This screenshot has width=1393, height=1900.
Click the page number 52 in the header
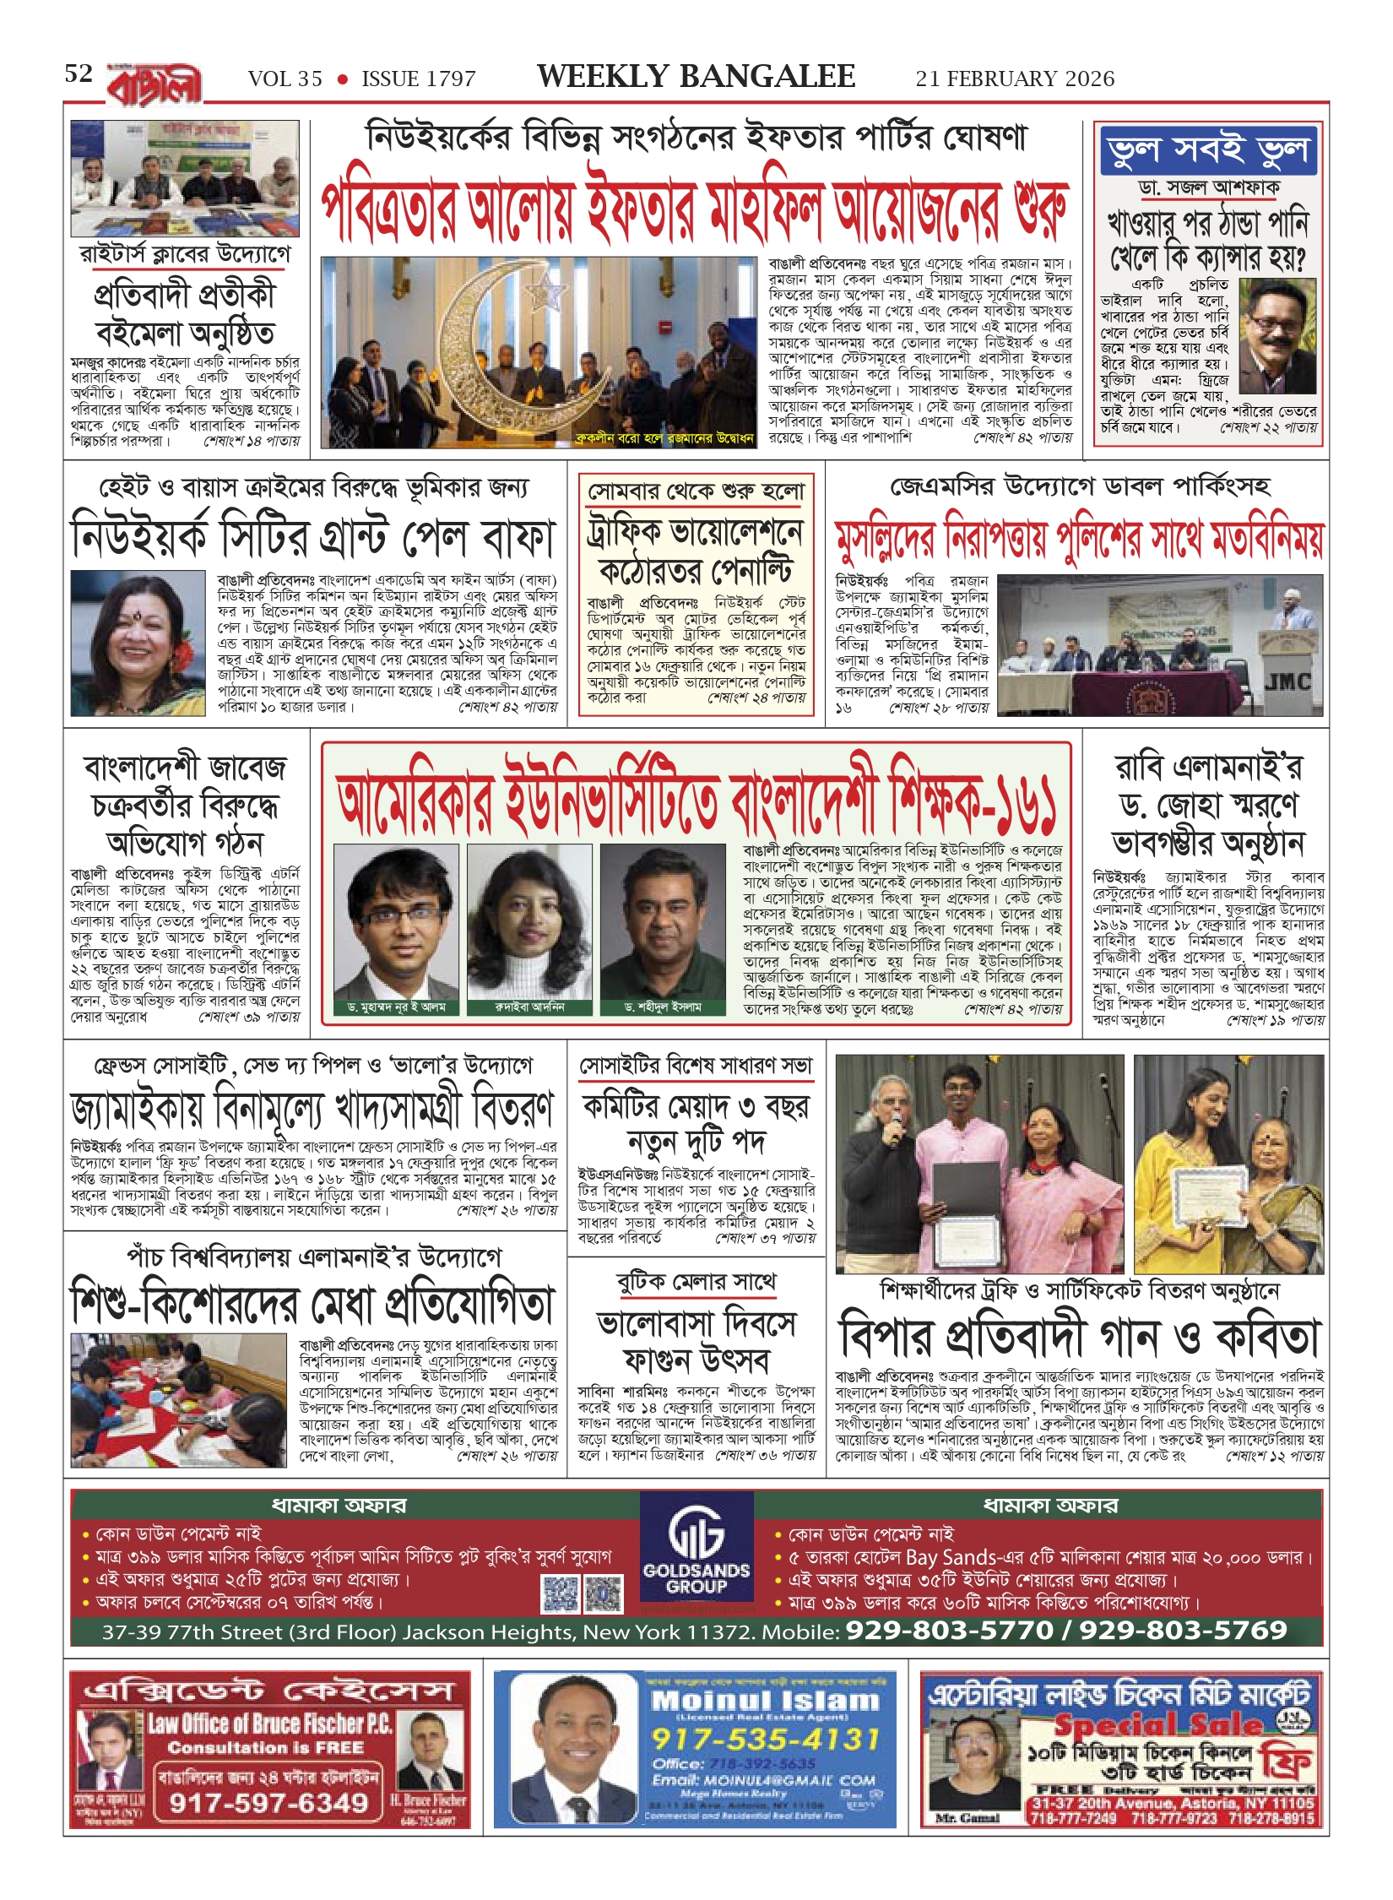tap(79, 74)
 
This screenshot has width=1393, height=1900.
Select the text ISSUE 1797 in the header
tap(418, 79)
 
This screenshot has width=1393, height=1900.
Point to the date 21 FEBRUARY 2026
tap(1015, 79)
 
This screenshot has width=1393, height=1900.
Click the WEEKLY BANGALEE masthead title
tap(696, 77)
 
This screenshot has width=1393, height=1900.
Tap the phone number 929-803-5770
tap(950, 1630)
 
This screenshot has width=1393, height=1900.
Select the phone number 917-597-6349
tap(268, 1803)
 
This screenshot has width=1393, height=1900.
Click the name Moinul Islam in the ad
tap(765, 1700)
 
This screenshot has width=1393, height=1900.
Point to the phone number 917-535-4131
tap(765, 1738)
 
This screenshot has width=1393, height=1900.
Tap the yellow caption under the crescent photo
tap(664, 438)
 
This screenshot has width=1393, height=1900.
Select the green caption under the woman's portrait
tap(529, 1007)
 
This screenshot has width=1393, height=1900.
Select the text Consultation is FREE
tap(265, 1747)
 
